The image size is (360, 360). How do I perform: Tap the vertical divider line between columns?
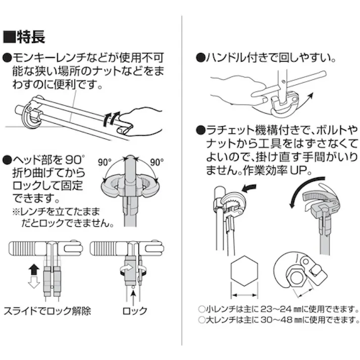(182, 177)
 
